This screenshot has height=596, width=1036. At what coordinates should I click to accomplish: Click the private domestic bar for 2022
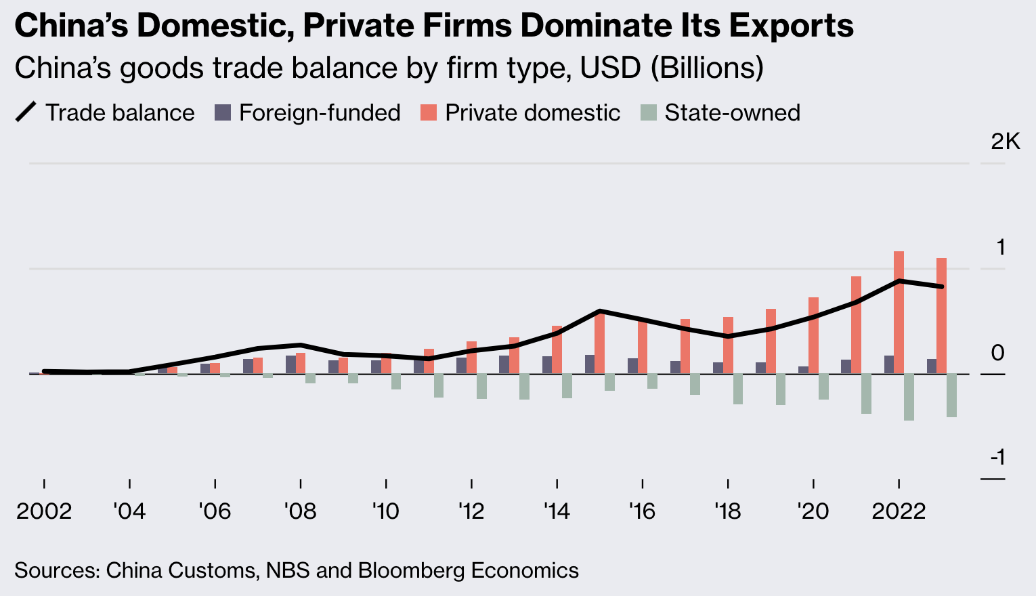[x=899, y=312]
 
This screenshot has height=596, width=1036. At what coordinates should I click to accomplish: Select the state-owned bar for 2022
[x=909, y=397]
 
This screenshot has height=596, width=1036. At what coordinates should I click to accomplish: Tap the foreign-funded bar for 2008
[x=290, y=364]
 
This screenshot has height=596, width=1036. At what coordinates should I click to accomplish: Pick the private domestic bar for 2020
[x=813, y=335]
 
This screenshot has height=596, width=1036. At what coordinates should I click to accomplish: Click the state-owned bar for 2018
[x=738, y=389]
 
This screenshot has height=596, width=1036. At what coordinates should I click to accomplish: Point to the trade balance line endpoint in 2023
[x=941, y=286]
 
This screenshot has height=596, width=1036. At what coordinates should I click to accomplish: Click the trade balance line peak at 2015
[x=600, y=311]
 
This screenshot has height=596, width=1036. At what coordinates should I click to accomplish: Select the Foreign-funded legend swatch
[x=223, y=112]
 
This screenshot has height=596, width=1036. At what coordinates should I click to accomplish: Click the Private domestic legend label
[x=532, y=112]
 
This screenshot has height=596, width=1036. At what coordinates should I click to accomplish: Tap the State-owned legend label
[x=732, y=112]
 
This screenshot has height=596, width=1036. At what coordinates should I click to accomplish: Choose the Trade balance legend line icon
[x=26, y=112]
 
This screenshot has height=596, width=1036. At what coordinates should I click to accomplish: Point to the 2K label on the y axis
[x=1005, y=142]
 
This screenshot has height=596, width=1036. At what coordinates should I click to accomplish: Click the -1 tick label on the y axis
[x=997, y=458]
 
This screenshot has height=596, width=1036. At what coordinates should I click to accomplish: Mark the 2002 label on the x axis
[x=44, y=511]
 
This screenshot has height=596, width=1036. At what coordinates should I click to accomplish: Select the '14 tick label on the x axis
[x=557, y=511]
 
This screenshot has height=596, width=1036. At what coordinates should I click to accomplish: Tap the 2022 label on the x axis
[x=899, y=511]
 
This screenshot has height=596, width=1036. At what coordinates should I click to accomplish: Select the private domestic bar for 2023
[x=941, y=316]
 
